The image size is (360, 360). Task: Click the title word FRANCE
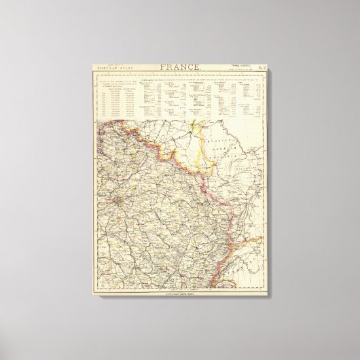tap(179, 67)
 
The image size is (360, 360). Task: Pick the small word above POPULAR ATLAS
tap(111, 65)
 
